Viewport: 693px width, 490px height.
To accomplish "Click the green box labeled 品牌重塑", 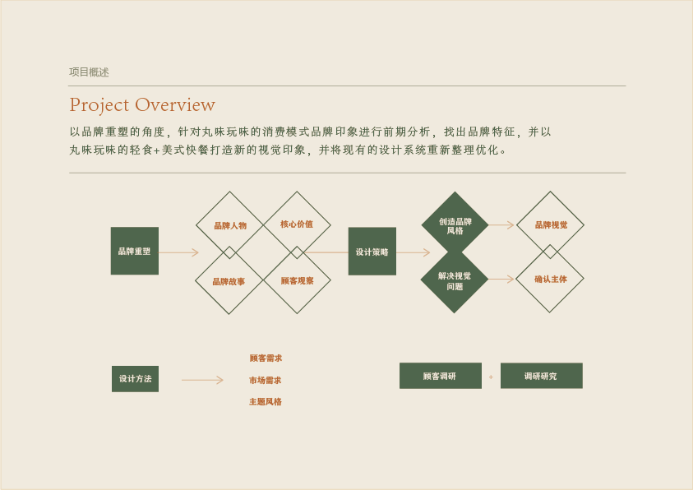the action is click(135, 251).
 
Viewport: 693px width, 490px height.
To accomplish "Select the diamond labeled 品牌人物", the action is click(230, 225).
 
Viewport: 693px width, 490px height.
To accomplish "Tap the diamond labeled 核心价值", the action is click(297, 224).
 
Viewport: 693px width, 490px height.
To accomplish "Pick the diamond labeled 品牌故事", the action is click(229, 281).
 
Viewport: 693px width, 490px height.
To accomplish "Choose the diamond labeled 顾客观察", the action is click(297, 281).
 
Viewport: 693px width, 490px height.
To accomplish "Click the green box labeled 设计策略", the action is click(372, 252).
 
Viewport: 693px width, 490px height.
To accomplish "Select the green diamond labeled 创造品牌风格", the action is click(455, 225).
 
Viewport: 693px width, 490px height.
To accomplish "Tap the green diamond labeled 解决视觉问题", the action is click(455, 280).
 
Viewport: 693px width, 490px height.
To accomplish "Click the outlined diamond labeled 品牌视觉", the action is click(550, 224).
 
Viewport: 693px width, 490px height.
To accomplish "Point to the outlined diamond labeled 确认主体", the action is click(550, 280).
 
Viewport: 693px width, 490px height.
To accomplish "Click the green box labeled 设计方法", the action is click(135, 379).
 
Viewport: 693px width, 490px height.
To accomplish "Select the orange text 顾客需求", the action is click(266, 358).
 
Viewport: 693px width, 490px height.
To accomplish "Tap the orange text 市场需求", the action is click(266, 381).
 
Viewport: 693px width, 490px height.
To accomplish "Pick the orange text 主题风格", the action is click(266, 402).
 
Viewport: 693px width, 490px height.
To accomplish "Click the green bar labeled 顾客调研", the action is click(440, 376).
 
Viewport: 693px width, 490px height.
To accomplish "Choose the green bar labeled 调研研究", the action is click(541, 376).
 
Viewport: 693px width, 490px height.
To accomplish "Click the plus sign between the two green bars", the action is click(491, 377).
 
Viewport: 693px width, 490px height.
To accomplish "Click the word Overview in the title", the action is click(175, 105).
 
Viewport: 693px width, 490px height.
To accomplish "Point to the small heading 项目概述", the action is click(89, 72).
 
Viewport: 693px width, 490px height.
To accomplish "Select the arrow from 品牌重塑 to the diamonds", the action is click(178, 252).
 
